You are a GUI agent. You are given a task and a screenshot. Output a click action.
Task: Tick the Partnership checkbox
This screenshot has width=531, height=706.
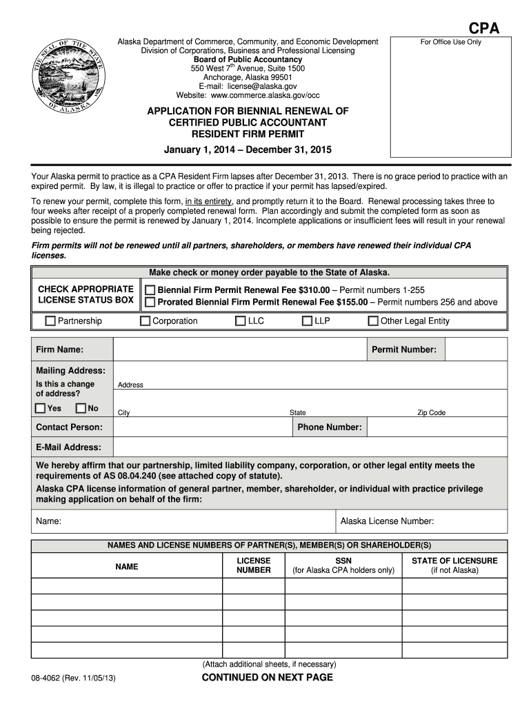[50, 321]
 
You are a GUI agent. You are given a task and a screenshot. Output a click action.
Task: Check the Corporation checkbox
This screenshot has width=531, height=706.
[145, 321]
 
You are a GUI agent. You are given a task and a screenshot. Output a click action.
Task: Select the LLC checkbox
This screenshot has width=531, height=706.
[240, 321]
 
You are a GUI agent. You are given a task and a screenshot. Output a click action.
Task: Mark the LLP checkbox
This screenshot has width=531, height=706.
[308, 321]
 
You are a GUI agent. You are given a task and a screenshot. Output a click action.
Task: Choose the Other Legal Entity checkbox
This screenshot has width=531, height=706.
[373, 321]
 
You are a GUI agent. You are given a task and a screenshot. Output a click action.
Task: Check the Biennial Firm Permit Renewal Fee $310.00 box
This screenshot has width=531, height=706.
[150, 290]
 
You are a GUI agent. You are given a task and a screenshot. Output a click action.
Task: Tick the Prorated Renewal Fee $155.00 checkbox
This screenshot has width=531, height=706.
[150, 302]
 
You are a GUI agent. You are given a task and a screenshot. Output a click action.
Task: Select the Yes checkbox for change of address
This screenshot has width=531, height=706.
[41, 408]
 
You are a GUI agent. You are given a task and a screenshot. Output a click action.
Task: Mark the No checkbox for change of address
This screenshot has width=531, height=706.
[81, 408]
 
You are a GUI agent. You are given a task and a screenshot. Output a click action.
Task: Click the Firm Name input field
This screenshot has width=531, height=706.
[239, 350]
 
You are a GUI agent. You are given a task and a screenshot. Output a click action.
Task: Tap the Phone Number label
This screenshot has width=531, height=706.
[329, 427]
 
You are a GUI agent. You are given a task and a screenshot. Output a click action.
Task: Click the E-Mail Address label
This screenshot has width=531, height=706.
[68, 447]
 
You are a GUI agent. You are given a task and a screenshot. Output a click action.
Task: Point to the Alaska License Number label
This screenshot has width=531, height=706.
[387, 521]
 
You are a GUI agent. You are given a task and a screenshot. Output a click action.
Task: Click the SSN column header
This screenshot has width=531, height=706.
[343, 561]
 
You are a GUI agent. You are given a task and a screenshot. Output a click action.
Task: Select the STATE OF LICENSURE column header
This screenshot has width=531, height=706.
[454, 561]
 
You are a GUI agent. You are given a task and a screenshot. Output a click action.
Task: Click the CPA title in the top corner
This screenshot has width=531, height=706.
[484, 28]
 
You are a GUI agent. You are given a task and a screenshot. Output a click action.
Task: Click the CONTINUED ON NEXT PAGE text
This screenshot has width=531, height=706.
[267, 678]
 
